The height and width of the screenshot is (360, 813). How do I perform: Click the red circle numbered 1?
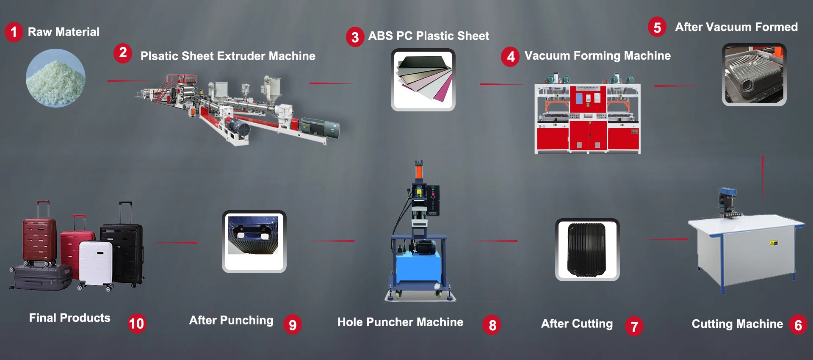click(x=14, y=32)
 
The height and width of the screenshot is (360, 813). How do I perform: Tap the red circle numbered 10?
click(x=136, y=324)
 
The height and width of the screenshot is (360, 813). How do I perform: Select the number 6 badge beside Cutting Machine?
click(x=798, y=325)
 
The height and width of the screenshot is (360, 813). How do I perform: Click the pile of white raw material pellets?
click(x=55, y=78)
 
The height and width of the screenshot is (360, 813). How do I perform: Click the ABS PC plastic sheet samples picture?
click(x=423, y=80)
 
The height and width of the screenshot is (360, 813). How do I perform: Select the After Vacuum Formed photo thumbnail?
click(x=754, y=75)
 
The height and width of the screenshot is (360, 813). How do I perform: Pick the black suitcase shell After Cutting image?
click(x=587, y=249)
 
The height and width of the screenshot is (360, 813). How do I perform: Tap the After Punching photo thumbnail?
click(x=254, y=241)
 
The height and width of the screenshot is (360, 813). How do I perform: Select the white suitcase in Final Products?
click(x=96, y=263)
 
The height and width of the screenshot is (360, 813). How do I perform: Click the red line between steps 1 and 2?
click(x=129, y=80)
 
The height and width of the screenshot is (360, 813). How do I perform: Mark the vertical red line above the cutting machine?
click(x=763, y=178)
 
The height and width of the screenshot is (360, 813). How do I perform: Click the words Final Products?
click(x=69, y=318)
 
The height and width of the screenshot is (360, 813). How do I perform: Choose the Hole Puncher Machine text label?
click(x=400, y=322)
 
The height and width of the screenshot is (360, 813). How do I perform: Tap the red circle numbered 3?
click(x=355, y=37)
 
